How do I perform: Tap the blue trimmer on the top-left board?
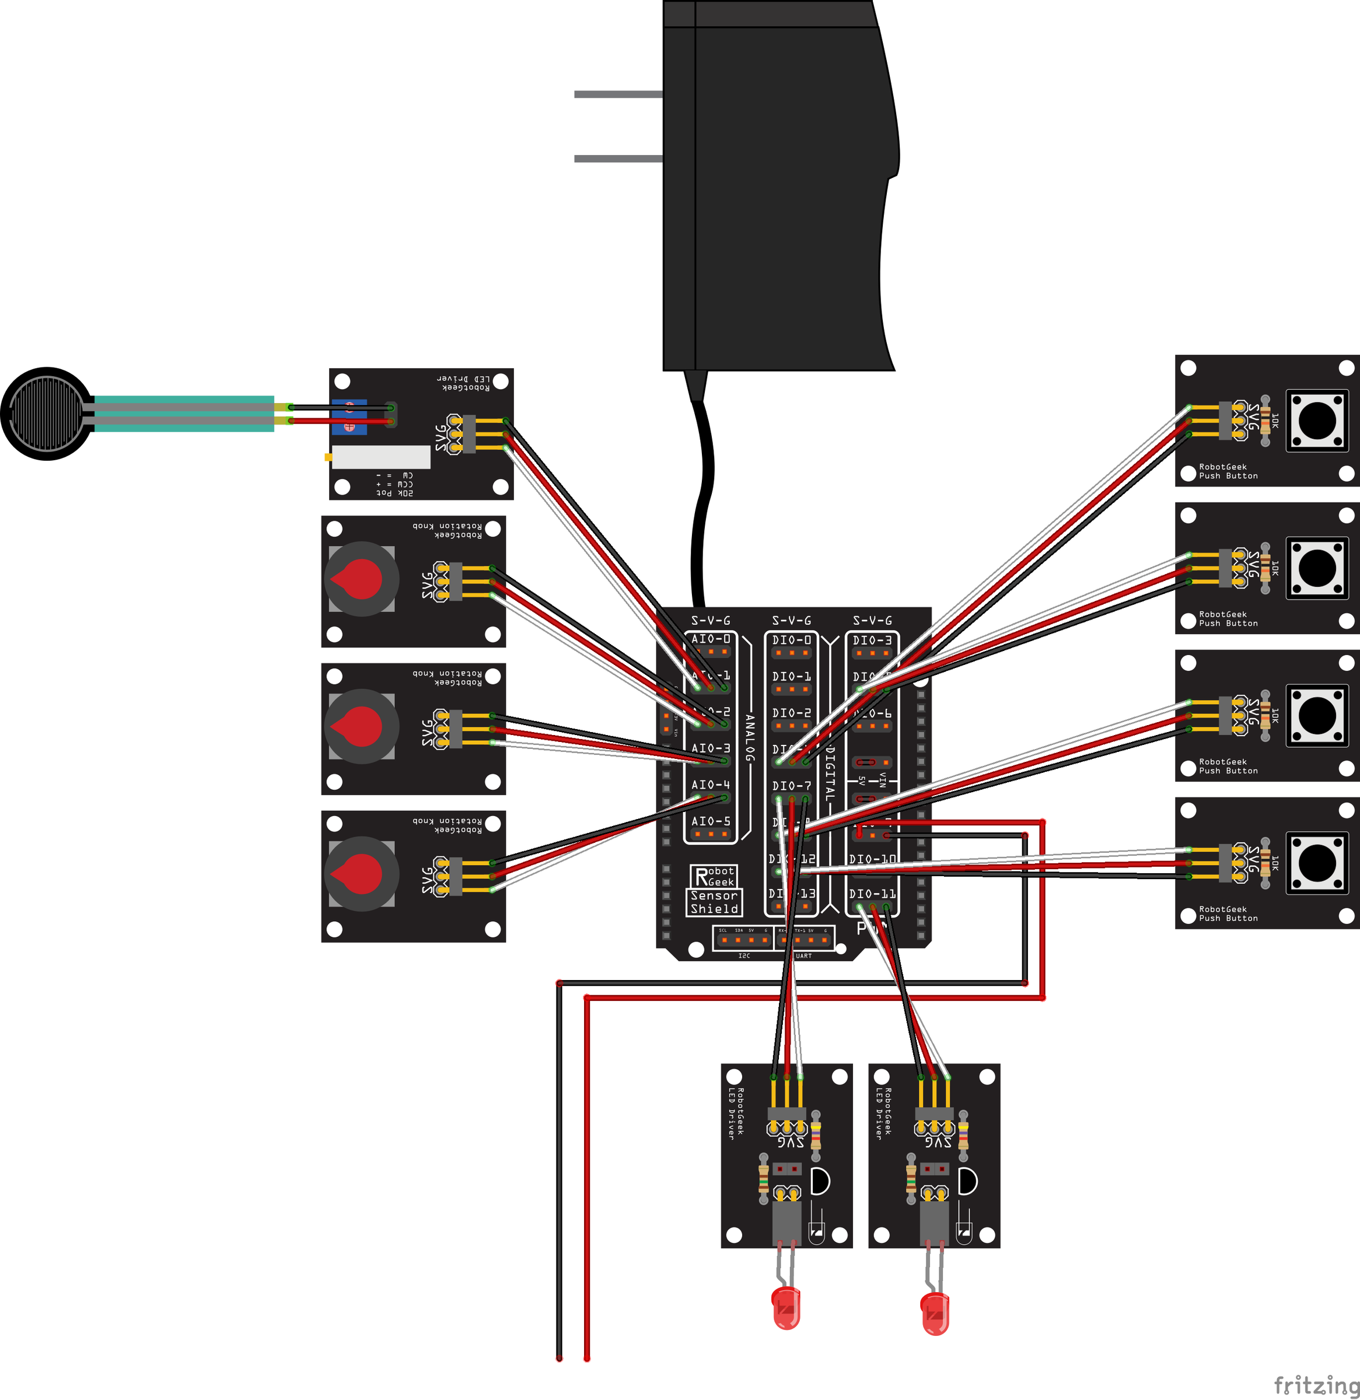349,417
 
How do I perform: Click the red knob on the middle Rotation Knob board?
361,726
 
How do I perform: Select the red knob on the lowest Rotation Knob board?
361,873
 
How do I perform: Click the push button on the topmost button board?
1317,421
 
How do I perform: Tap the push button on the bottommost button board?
1317,863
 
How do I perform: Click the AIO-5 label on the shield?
711,821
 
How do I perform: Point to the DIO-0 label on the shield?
791,640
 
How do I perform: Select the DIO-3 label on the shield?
872,640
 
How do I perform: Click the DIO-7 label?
791,786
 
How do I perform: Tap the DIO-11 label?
872,894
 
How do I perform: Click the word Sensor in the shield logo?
714,896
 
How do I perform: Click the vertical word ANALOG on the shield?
749,736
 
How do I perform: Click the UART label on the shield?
803,956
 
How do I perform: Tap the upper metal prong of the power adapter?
618,94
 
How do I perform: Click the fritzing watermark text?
1316,1385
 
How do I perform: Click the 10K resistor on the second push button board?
1265,569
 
